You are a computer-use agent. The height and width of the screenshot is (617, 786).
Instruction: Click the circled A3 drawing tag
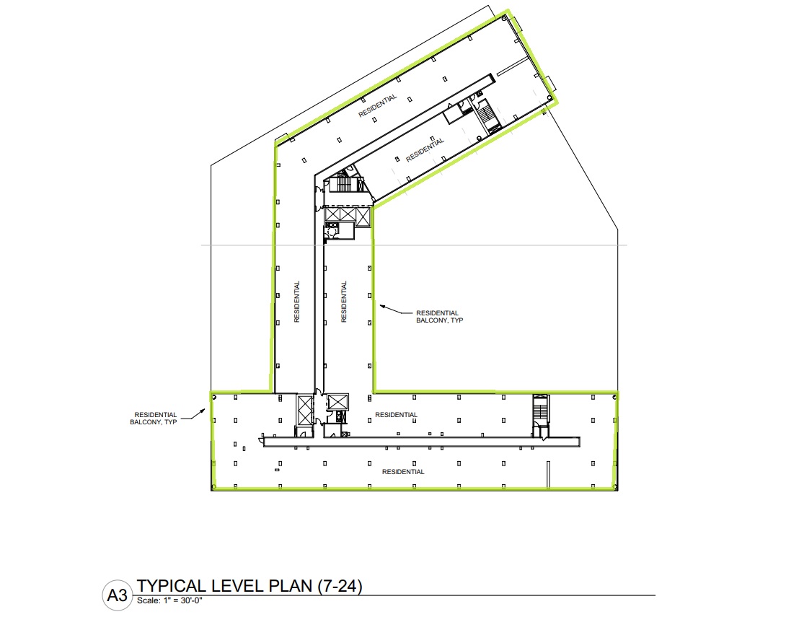[x=118, y=595]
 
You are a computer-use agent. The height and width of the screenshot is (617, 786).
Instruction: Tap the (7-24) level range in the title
[x=340, y=586]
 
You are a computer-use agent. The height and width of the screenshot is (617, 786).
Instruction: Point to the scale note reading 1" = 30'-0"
[x=182, y=600]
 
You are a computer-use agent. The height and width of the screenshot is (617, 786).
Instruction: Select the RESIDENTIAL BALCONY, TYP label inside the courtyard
[x=440, y=317]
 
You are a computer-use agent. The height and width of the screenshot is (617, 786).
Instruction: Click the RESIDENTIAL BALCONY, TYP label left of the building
[x=154, y=419]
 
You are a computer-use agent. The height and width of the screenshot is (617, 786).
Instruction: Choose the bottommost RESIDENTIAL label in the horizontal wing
[x=403, y=471]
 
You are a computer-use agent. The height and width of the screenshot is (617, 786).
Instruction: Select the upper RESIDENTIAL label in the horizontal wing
[x=396, y=415]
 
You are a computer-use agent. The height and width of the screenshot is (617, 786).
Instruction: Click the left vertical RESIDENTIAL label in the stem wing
[x=297, y=302]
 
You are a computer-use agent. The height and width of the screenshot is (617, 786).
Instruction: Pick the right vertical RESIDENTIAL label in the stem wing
[x=344, y=302]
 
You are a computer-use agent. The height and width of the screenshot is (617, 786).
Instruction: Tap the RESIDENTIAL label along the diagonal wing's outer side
[x=378, y=105]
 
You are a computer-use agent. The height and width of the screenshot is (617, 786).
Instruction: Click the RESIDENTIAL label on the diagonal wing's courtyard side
[x=425, y=149]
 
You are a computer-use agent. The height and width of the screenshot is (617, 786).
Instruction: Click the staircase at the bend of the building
[x=344, y=183]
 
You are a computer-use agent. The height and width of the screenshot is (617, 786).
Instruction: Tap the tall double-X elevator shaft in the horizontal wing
[x=305, y=411]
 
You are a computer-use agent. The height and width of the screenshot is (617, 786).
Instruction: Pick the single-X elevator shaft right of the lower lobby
[x=338, y=402]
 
